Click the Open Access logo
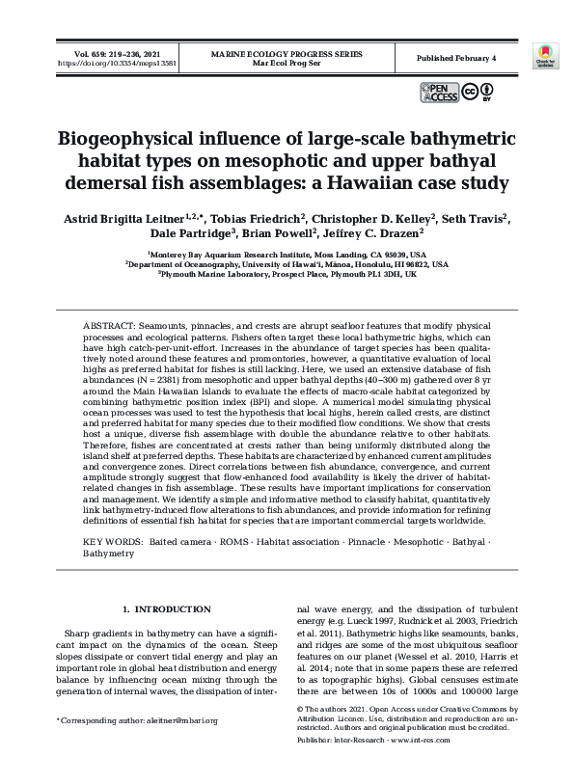click(440, 93)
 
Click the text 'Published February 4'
click(455, 58)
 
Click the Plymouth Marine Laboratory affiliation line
click(287, 274)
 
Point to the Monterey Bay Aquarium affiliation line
click(287, 253)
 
